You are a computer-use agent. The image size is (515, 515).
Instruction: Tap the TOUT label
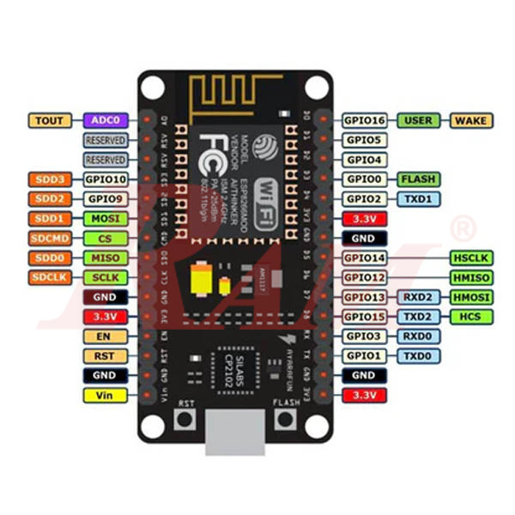51,120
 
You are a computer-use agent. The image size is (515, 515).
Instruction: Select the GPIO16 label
364,120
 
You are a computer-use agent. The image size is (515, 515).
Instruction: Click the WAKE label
471,120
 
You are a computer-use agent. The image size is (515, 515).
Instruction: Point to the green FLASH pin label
418,179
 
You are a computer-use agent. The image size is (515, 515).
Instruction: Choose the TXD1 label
418,199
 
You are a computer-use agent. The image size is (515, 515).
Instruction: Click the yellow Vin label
106,395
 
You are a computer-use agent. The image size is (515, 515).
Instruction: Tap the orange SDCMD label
51,239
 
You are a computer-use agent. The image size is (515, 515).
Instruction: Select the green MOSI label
106,219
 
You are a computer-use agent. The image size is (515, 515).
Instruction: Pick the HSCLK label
471,257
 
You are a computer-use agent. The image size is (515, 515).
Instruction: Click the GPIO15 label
364,317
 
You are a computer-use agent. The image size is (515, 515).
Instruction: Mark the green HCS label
471,317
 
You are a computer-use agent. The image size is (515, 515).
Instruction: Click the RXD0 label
418,336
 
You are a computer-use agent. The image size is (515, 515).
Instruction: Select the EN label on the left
106,336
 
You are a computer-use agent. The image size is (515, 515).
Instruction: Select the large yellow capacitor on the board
197,276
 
